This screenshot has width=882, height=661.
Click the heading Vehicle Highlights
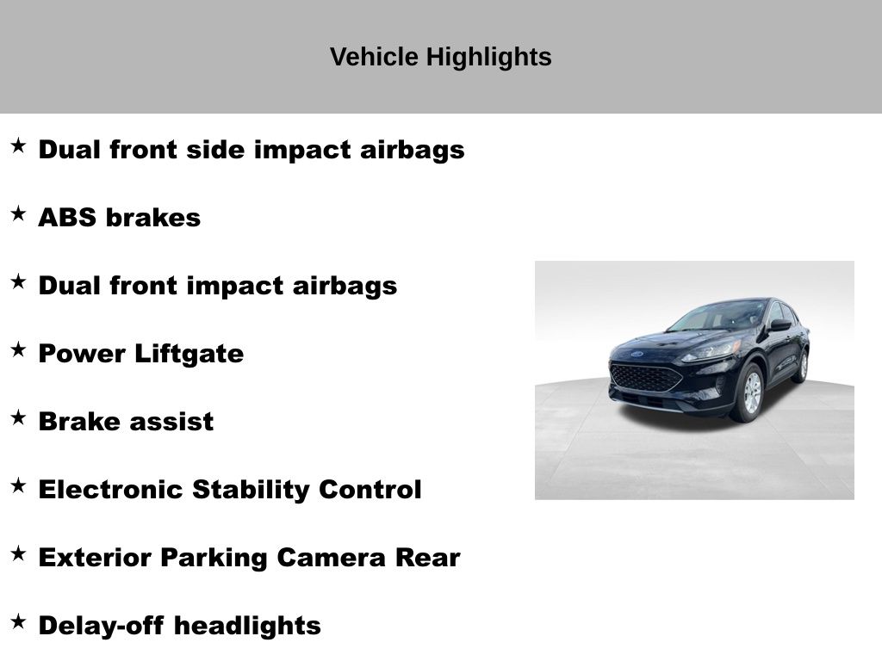click(x=440, y=57)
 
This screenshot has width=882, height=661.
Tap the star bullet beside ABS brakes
click(x=19, y=213)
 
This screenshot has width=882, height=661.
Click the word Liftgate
click(x=189, y=355)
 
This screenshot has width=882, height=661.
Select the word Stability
click(x=251, y=490)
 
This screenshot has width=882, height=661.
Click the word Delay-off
click(x=102, y=626)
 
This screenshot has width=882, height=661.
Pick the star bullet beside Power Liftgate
click(x=19, y=349)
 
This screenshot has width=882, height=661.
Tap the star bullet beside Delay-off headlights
click(x=19, y=621)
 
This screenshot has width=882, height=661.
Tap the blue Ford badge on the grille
click(x=637, y=354)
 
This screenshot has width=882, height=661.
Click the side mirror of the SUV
click(x=780, y=324)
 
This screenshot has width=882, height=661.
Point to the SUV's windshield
click(x=717, y=316)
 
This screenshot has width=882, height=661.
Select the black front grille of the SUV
click(x=645, y=378)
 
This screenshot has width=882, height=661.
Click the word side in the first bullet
click(x=215, y=150)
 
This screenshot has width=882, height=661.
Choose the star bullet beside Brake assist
click(x=19, y=417)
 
